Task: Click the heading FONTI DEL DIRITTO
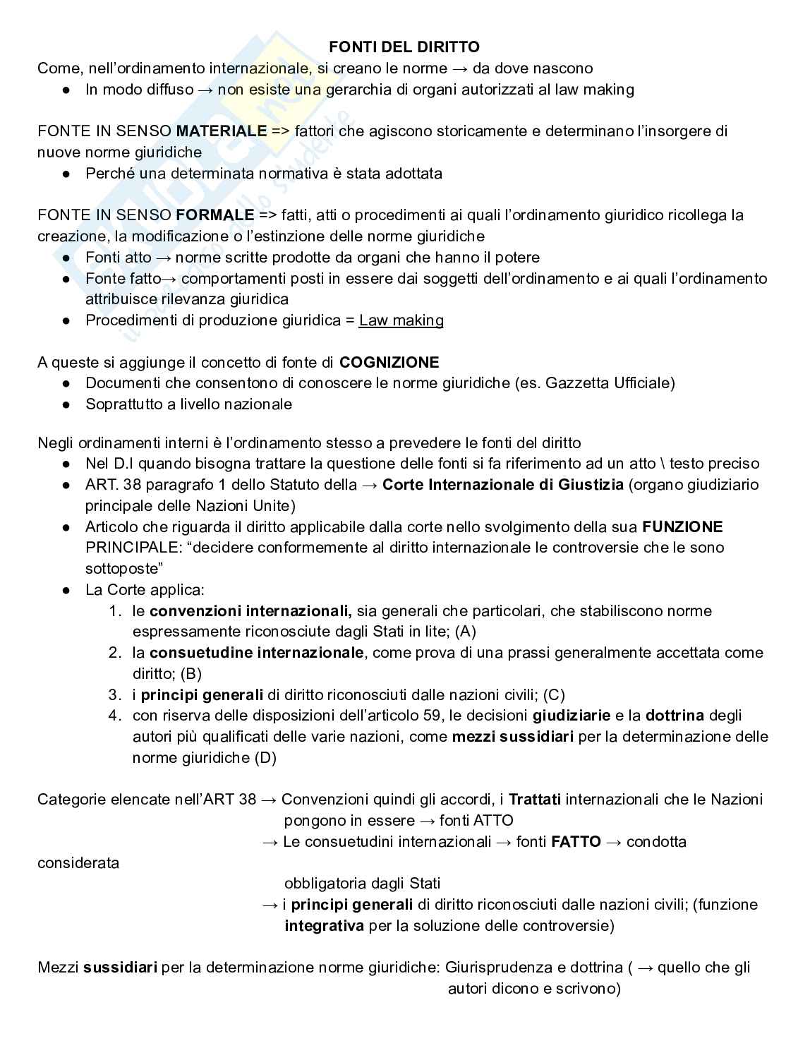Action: (x=404, y=47)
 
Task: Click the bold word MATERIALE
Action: (x=222, y=131)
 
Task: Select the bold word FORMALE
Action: (x=215, y=215)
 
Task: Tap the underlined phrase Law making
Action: (x=401, y=320)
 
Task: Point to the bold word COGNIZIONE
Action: (x=389, y=363)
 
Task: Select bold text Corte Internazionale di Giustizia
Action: (x=503, y=485)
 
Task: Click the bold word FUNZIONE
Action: (x=682, y=527)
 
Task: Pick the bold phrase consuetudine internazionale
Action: (x=257, y=653)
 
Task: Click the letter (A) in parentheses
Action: (x=466, y=632)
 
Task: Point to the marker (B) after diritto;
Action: (x=191, y=674)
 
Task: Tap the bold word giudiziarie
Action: (x=572, y=716)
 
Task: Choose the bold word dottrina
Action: (x=675, y=716)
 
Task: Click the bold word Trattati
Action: (x=535, y=800)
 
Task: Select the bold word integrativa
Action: (x=325, y=926)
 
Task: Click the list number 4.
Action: (x=115, y=716)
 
